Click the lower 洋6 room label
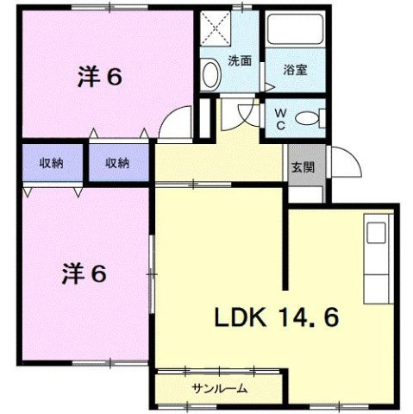(x=84, y=274)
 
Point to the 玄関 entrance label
(x=301, y=166)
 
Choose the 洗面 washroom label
(x=240, y=61)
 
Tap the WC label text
(x=283, y=117)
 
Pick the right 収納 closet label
(x=117, y=163)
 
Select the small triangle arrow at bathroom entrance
(x=268, y=85)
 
